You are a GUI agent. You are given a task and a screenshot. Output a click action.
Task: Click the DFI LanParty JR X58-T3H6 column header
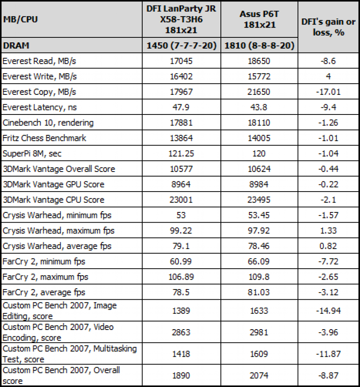(x=181, y=19)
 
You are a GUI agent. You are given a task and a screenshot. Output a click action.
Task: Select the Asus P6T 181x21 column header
(x=259, y=19)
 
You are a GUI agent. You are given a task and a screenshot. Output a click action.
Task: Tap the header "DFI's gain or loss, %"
(x=328, y=27)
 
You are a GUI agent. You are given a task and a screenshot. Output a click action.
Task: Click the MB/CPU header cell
(x=20, y=19)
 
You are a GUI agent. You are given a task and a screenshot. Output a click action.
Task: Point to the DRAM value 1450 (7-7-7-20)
(x=181, y=45)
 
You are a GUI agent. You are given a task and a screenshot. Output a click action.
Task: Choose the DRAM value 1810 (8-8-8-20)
(x=259, y=45)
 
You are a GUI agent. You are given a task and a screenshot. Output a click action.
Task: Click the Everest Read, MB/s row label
(x=39, y=61)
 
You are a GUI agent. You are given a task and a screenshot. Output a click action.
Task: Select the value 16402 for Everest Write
(x=181, y=76)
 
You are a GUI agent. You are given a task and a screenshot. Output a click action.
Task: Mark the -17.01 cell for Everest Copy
(x=328, y=92)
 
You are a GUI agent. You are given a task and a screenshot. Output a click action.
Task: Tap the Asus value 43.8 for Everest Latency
(x=259, y=107)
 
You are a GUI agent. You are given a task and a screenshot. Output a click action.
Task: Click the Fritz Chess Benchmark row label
(x=45, y=138)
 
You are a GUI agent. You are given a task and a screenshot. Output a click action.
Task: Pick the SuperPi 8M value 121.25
(x=181, y=153)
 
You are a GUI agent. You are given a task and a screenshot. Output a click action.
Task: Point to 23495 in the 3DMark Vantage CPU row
(x=259, y=200)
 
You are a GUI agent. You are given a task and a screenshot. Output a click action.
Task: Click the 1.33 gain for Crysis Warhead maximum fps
(x=328, y=231)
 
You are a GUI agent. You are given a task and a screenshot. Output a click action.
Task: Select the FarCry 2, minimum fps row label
(x=44, y=262)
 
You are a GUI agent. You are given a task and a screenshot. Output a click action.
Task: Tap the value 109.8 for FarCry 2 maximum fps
(x=259, y=277)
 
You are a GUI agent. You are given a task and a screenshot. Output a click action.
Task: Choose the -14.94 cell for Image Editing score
(x=328, y=311)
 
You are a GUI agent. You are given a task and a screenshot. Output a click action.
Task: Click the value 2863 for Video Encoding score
(x=181, y=332)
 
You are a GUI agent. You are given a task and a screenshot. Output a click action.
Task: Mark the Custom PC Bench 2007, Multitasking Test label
(x=70, y=354)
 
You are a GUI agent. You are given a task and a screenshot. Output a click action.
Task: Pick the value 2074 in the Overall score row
(x=259, y=375)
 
